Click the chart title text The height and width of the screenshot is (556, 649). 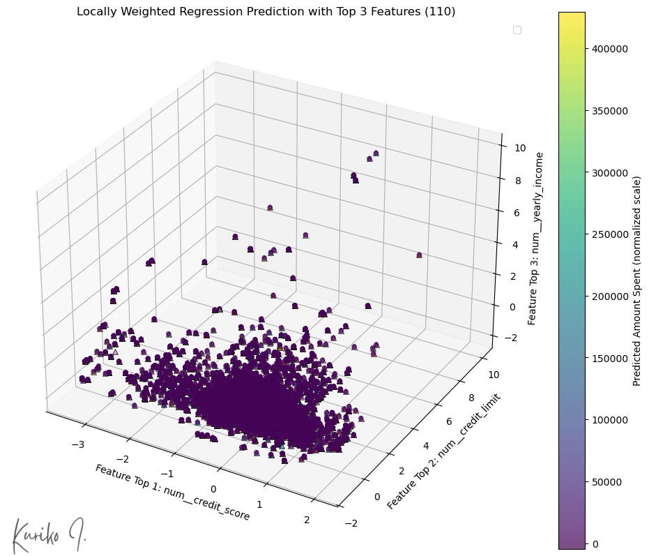pos(266,12)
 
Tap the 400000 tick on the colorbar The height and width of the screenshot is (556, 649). pos(609,49)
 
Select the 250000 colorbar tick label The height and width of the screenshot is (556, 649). pos(609,234)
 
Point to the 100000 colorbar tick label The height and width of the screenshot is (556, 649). pos(609,420)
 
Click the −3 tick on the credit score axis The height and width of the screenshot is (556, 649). pos(83,444)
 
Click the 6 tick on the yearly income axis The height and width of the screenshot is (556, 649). pos(520,212)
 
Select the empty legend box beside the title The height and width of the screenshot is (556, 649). pos(517,29)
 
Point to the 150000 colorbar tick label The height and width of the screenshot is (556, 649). pos(609,358)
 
